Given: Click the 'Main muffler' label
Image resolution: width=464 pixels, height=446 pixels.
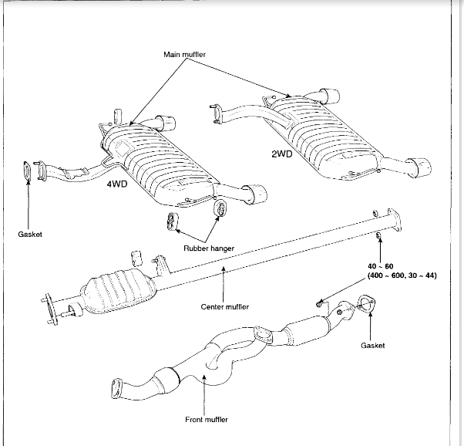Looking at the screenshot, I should pyautogui.click(x=186, y=55).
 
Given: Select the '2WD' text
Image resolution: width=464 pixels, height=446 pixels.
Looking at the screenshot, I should pyautogui.click(x=283, y=153).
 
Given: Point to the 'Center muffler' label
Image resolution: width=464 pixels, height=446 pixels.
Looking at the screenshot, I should pyautogui.click(x=224, y=306).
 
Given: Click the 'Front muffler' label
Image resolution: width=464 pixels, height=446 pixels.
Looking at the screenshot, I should pyautogui.click(x=204, y=420).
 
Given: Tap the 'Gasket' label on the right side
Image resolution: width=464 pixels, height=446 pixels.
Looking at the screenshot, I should pyautogui.click(x=372, y=346).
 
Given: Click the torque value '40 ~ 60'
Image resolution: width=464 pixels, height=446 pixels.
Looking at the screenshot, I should pyautogui.click(x=380, y=265).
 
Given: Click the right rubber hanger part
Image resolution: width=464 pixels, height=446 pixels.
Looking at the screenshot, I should pyautogui.click(x=220, y=208).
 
